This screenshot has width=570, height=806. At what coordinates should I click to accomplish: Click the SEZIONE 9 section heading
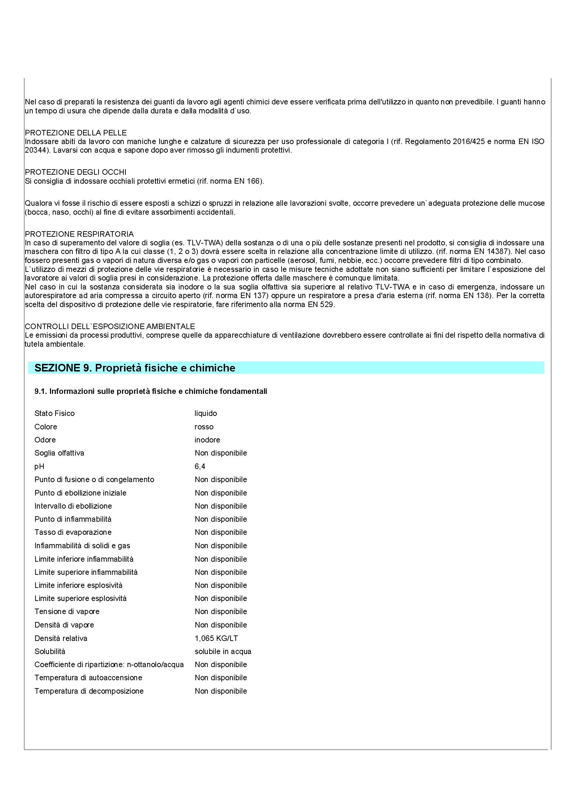point(135,368)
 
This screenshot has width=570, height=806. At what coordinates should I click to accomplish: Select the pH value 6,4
point(200,466)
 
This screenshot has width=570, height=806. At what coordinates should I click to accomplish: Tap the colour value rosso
point(204,427)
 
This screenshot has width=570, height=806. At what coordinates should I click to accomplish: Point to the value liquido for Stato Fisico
point(206,413)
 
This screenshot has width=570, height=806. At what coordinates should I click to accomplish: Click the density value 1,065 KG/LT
point(216,638)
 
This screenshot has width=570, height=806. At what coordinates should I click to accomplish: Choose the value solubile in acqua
point(223,651)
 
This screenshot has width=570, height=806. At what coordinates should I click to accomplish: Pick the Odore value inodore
point(207,440)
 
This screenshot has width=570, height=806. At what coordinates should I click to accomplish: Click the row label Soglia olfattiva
point(59,453)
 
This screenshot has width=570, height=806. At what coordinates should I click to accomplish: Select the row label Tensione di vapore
point(67,612)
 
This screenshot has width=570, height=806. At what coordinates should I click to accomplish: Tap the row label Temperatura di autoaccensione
point(88,677)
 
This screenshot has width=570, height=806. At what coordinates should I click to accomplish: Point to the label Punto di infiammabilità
point(73,519)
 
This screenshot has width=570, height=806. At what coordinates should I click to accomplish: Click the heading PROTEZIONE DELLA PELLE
point(76,133)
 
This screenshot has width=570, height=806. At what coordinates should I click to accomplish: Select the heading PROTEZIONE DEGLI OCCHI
point(75,172)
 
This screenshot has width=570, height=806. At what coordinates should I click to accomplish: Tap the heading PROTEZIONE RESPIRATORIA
point(79,234)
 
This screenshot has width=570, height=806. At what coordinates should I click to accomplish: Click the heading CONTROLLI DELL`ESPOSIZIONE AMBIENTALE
point(110,326)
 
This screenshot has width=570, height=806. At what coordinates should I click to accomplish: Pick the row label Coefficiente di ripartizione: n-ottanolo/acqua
point(109,664)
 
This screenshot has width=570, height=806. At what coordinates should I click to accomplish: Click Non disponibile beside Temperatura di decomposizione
point(221,691)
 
